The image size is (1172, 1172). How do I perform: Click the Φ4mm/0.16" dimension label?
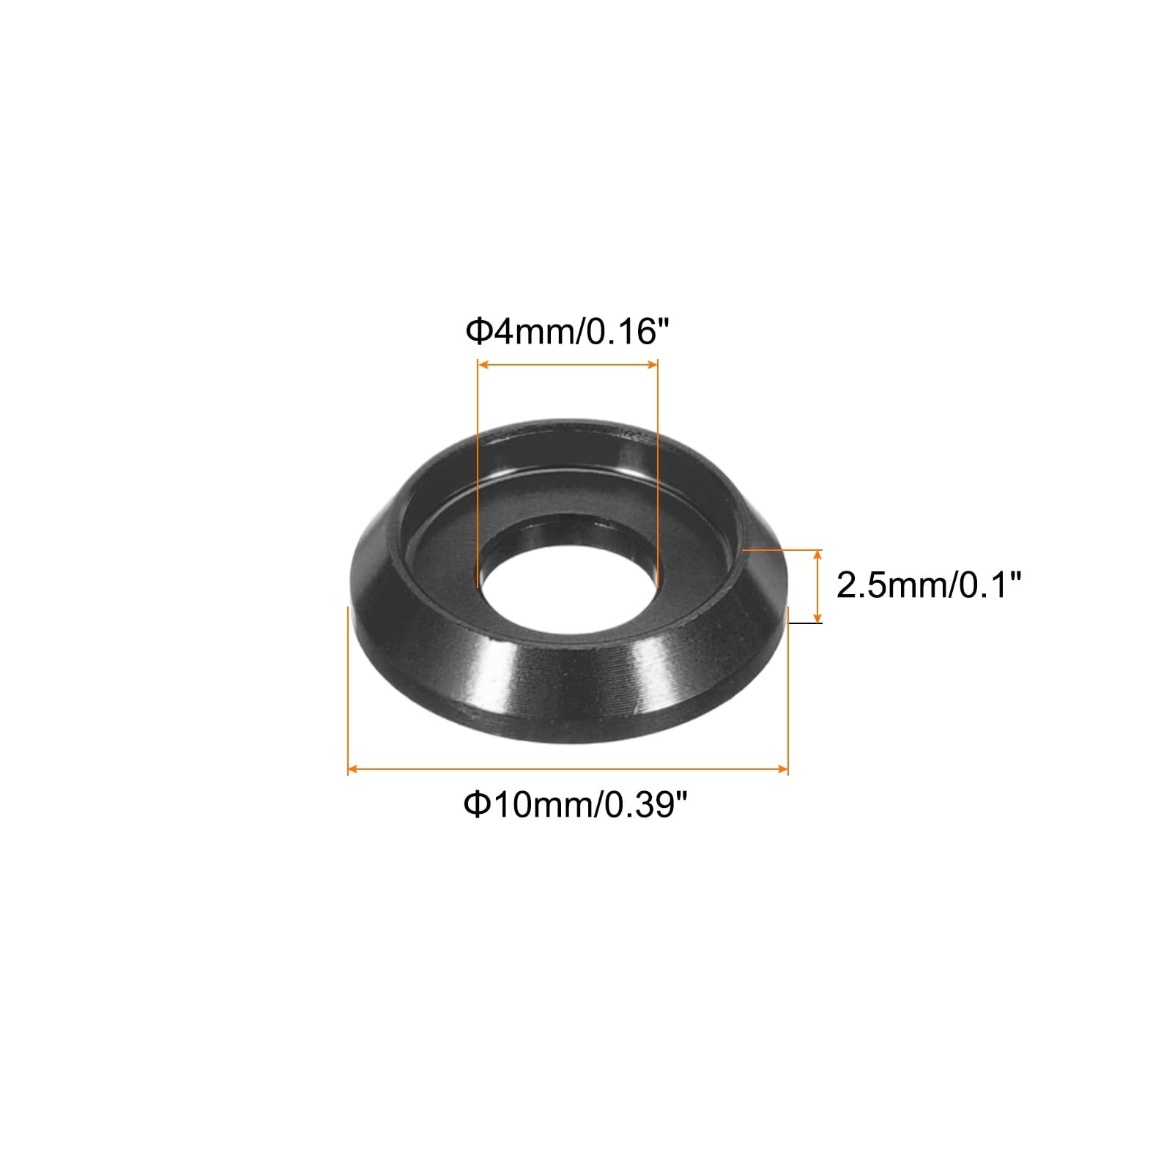pyautogui.click(x=568, y=332)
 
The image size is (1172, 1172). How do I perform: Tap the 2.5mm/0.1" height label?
pyautogui.click(x=928, y=585)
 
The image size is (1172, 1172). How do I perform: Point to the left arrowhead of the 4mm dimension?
pyautogui.click(x=483, y=365)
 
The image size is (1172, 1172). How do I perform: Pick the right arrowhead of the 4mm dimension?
pyautogui.click(x=651, y=365)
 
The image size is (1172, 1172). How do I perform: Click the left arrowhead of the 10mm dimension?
pyautogui.click(x=354, y=768)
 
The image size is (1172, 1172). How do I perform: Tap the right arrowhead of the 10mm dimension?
pyautogui.click(x=781, y=768)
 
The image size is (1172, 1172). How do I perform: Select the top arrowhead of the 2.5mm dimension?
pyautogui.click(x=818, y=555)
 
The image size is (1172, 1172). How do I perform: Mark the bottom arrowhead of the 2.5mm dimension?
pyautogui.click(x=818, y=616)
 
